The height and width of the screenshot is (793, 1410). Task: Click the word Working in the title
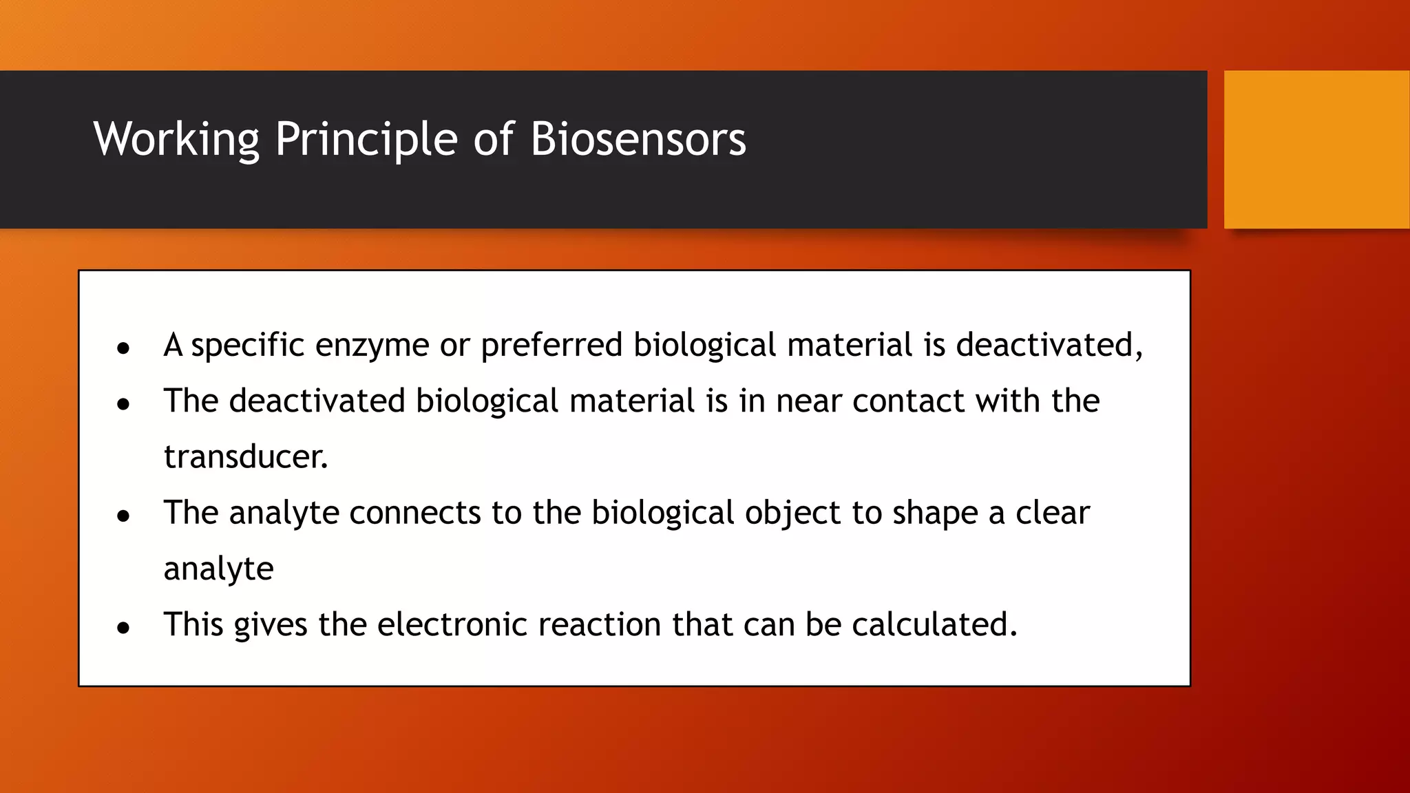[x=176, y=140]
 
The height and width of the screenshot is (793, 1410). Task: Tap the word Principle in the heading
[x=366, y=140]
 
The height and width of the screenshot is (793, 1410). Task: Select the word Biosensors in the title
[x=638, y=140]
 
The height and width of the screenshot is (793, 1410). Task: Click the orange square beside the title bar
[x=1316, y=149]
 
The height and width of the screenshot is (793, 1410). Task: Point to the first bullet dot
[x=123, y=349]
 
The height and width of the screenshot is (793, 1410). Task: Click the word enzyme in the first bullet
[x=372, y=345]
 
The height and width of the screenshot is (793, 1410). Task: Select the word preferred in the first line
[x=551, y=345]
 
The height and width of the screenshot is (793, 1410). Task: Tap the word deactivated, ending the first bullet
[x=1049, y=345]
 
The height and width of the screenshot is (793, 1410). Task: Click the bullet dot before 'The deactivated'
[x=123, y=405]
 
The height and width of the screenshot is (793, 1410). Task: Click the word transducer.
[x=246, y=456]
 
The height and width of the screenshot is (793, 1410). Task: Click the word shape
[x=934, y=513]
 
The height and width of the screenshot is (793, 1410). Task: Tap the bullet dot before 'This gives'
[x=123, y=628]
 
